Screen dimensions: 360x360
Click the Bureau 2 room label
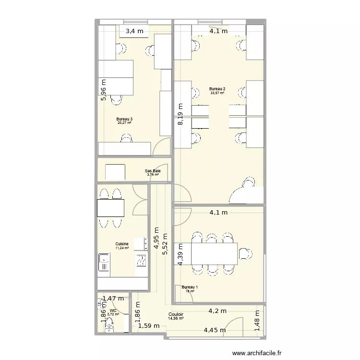pyautogui.click(x=217, y=89)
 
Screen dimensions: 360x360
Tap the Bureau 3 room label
pyautogui.click(x=124, y=119)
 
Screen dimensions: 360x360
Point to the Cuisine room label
pyautogui.click(x=121, y=244)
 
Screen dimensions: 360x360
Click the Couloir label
pyautogui.click(x=175, y=314)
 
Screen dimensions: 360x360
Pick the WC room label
pyautogui.click(x=113, y=311)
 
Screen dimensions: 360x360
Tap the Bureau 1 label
pyautogui.click(x=189, y=287)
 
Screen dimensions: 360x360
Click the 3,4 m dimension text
pyautogui.click(x=134, y=32)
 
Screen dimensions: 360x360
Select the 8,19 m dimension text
pyautogui.click(x=180, y=115)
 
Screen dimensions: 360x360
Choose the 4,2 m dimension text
pyautogui.click(x=217, y=311)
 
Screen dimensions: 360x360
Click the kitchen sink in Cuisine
pyautogui.click(x=104, y=263)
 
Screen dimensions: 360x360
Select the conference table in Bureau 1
pyautogui.click(x=214, y=253)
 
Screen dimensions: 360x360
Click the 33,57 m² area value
pyautogui.click(x=217, y=93)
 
